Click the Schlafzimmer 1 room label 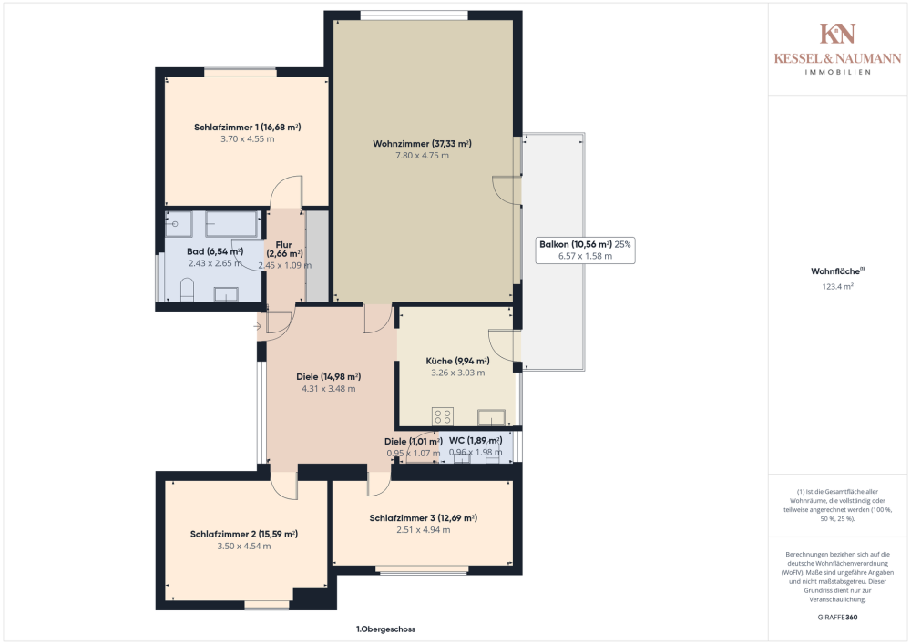tap(247, 128)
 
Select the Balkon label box tap(584, 250)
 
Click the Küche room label tap(457, 360)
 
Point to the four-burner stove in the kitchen tap(444, 416)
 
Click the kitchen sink tap(493, 418)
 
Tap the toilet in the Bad tap(188, 291)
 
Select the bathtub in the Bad tap(230, 223)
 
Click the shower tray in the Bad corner tap(179, 223)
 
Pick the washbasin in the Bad tap(225, 292)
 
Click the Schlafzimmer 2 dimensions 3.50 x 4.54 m tap(244, 547)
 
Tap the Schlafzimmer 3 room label tap(423, 518)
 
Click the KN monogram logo tap(837, 34)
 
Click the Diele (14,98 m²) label tap(328, 376)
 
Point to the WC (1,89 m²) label tap(475, 441)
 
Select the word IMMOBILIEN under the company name tap(837, 72)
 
